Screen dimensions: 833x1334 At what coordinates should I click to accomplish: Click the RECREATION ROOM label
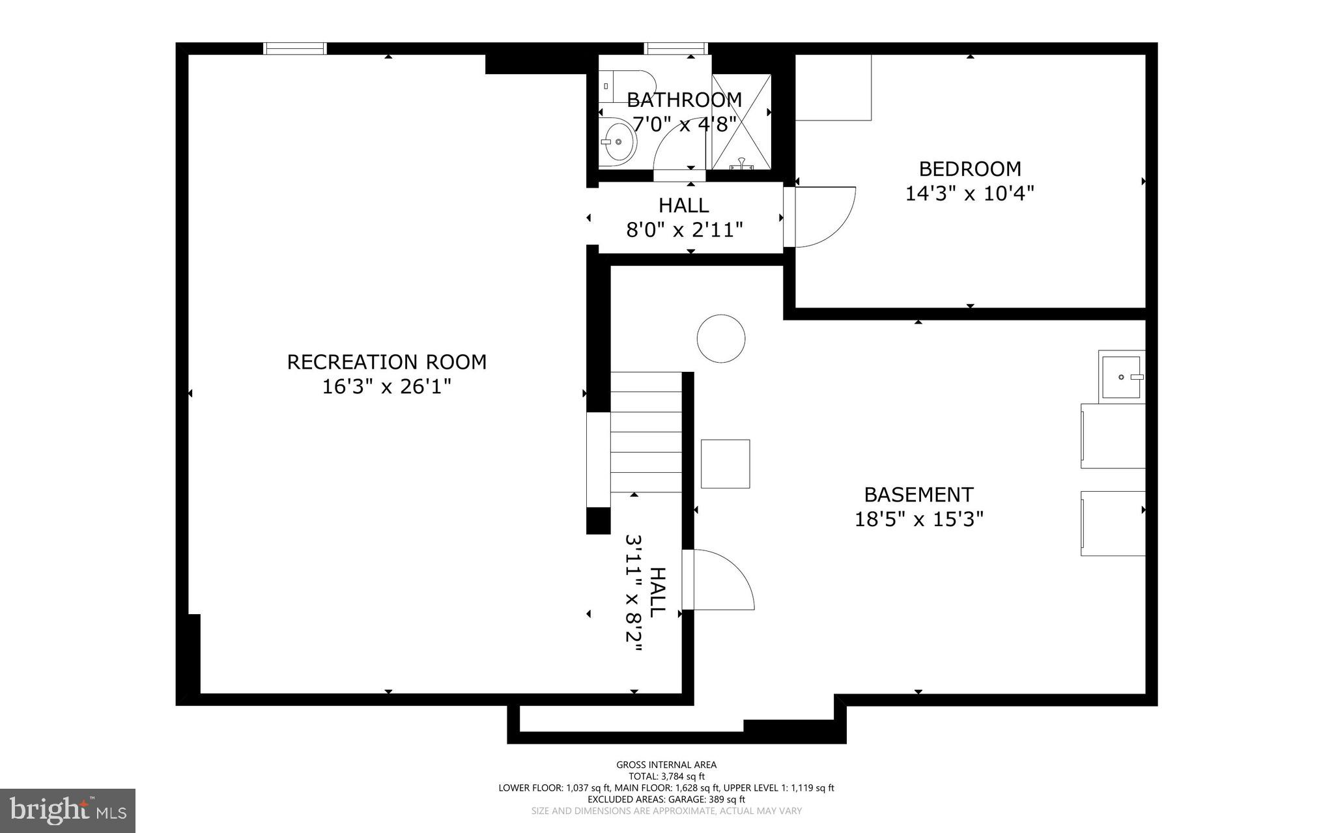point(387,362)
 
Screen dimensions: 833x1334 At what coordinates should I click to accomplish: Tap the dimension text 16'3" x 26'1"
point(387,387)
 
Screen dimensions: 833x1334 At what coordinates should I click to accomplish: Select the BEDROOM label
point(970,169)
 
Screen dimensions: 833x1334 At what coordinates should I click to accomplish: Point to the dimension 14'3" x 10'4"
point(970,193)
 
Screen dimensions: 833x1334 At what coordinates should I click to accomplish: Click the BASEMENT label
point(918,495)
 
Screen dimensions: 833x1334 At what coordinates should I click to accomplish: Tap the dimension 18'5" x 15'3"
point(918,520)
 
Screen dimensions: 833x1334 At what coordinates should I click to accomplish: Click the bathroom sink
point(617,141)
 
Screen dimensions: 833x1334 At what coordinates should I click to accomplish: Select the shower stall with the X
point(741,122)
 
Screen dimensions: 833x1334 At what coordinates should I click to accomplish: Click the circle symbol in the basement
point(721,339)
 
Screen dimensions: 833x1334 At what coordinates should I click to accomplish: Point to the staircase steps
point(646,432)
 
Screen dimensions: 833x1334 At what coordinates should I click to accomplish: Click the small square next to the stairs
point(725,464)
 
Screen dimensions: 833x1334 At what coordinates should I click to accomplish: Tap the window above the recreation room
point(295,48)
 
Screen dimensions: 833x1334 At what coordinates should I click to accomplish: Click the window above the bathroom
point(675,48)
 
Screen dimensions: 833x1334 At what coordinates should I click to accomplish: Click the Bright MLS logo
point(68,810)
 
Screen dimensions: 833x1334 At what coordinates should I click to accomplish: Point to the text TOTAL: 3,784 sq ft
point(666,776)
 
